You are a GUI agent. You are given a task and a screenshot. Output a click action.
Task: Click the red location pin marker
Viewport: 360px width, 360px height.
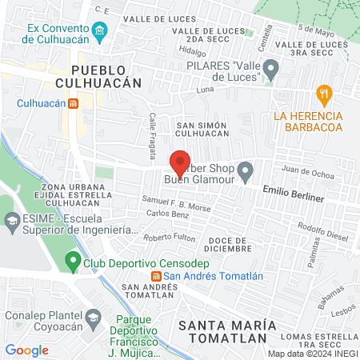(x=180, y=162)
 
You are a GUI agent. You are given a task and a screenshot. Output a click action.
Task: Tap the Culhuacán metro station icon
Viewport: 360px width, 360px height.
(x=73, y=103)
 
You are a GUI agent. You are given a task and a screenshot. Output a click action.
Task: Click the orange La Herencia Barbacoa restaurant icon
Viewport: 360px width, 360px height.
(x=323, y=93)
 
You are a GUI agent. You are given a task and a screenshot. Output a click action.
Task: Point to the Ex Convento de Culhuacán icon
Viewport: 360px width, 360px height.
(x=100, y=34)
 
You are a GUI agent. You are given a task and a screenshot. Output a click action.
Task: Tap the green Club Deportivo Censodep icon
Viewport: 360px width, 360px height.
(x=72, y=260)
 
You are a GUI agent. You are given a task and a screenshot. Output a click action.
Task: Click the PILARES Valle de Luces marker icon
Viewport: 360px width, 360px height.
(x=271, y=70)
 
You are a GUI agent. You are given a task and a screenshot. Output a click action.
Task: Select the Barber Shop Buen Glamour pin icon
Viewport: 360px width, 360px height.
(x=246, y=169)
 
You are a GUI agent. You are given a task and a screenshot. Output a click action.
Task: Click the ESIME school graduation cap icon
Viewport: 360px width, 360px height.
(x=12, y=220)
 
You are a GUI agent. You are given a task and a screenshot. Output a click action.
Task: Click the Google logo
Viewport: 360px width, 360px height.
(x=26, y=350)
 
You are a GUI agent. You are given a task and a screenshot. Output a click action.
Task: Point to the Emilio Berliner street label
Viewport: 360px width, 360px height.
(x=294, y=196)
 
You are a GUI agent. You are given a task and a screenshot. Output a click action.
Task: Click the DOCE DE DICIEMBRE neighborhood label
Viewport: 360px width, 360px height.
(x=230, y=244)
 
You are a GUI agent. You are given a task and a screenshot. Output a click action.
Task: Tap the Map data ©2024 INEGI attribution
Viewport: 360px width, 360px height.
(x=313, y=353)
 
